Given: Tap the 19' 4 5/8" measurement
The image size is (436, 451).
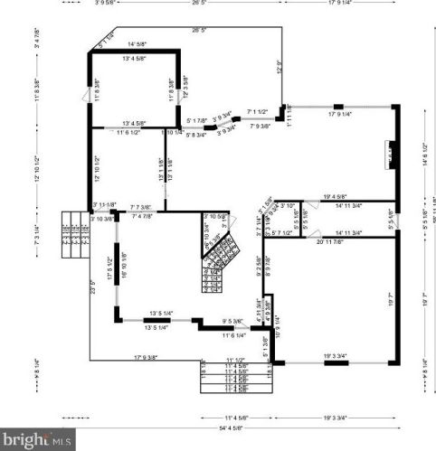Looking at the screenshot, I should (337, 197).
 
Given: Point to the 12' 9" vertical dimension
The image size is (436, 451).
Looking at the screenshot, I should (280, 67).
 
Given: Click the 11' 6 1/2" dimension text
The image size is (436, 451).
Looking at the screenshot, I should (128, 132).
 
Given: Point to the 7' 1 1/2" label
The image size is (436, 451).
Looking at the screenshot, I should (257, 111).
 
